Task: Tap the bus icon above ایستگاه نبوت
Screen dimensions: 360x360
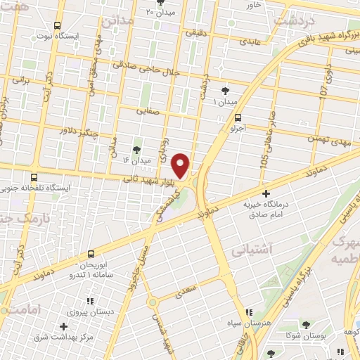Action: tap(58, 25)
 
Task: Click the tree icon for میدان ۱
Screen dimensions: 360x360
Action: tap(225, 90)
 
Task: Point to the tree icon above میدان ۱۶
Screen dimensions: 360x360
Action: tap(137, 149)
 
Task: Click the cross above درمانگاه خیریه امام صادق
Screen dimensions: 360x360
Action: tap(266, 193)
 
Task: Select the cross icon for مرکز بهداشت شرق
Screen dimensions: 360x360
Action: tap(64, 326)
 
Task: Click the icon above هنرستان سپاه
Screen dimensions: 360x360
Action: tap(247, 312)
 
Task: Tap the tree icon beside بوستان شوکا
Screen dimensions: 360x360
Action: tap(271, 349)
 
